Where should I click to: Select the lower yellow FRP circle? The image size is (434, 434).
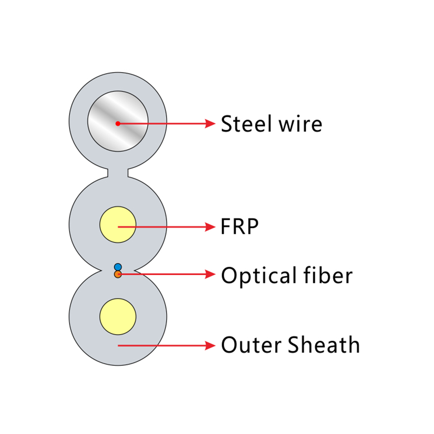pyautogui.click(x=118, y=316)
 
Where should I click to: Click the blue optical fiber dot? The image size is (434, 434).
pyautogui.click(x=118, y=266)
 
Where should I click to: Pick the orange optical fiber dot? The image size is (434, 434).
pyautogui.click(x=118, y=274)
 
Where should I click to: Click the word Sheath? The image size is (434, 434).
pyautogui.click(x=324, y=345)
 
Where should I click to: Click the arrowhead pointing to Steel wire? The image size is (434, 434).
pyautogui.click(x=211, y=124)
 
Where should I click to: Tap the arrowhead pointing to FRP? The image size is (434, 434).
pyautogui.click(x=211, y=227)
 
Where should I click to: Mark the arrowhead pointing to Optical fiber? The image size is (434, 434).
pyautogui.click(x=211, y=274)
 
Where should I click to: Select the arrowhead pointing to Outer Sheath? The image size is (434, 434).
pyautogui.click(x=211, y=345)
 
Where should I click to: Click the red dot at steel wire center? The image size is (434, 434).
pyautogui.click(x=118, y=124)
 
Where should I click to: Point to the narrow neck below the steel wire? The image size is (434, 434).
pyautogui.click(x=118, y=173)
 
